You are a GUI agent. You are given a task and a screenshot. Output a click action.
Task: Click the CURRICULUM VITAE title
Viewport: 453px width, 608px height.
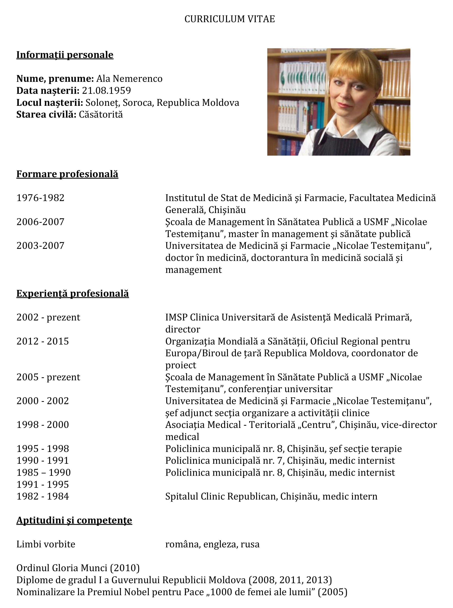pos(230,19)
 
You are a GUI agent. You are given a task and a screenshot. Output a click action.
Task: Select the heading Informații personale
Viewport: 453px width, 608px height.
pos(65,55)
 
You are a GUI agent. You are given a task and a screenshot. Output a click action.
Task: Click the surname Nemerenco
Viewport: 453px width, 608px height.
pos(137,79)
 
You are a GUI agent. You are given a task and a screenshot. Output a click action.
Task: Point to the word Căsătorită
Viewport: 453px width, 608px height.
pos(101,114)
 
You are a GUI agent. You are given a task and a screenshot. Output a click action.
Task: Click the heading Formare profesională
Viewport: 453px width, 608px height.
pos(67,174)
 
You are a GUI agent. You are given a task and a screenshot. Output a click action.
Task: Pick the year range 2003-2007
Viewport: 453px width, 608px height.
pos(40,246)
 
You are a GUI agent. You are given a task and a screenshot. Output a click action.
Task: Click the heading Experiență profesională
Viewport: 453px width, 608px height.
pos(72,294)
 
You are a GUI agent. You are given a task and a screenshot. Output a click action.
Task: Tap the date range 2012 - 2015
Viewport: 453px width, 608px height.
pos(43,341)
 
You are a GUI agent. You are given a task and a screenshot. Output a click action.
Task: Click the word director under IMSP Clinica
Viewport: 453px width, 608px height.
pos(183,329)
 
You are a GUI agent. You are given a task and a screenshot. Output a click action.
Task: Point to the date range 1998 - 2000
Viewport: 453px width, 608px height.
pos(43,425)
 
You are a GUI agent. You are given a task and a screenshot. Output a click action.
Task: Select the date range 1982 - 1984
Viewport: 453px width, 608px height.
pos(43,496)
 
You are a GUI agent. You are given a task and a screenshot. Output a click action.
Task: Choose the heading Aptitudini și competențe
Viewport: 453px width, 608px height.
pos(74,520)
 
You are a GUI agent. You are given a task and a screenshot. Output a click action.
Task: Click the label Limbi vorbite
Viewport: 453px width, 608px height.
pos(46,544)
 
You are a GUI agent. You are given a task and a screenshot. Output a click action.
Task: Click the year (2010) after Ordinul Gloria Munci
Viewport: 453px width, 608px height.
pos(125,568)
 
